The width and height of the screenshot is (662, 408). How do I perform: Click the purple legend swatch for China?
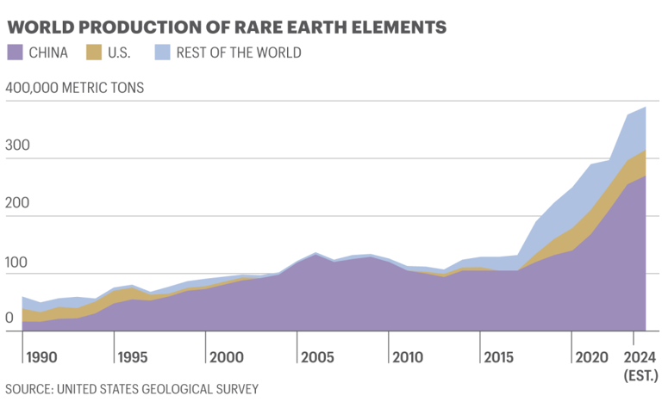[15, 53]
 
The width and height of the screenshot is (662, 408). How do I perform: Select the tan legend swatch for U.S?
[93, 53]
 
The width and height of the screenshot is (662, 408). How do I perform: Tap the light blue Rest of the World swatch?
[161, 53]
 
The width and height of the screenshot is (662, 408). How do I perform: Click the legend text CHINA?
[49, 53]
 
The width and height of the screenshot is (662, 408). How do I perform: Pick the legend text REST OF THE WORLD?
[239, 53]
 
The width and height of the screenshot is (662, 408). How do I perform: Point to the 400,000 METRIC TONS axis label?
[75, 87]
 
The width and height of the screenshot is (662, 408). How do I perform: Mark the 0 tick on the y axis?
[10, 318]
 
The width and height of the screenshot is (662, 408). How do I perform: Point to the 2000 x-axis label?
[224, 356]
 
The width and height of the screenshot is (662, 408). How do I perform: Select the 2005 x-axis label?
[316, 356]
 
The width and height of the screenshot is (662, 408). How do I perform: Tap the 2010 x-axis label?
[408, 356]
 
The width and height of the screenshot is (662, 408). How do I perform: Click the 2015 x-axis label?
[500, 356]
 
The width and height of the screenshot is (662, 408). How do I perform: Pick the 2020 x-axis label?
[592, 356]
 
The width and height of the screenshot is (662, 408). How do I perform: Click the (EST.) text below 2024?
[641, 375]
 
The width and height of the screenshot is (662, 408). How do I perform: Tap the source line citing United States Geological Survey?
[132, 389]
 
